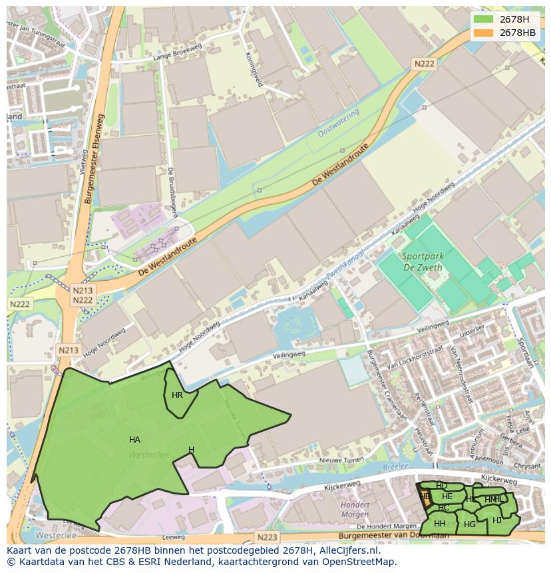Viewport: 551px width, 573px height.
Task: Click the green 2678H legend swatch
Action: tap(484, 19)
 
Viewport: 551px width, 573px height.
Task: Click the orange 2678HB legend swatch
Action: tap(484, 33)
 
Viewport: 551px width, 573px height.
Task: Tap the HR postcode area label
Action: tap(177, 395)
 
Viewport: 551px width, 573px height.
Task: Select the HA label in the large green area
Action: tap(134, 439)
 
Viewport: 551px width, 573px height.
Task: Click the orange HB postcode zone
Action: tap(423, 496)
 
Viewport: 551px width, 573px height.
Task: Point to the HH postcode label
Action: tap(439, 524)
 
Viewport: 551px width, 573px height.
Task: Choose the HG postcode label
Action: tap(470, 524)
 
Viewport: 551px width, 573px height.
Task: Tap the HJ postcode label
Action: tap(497, 520)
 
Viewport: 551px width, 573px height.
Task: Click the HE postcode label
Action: tap(447, 496)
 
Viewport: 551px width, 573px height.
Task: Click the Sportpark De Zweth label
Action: tap(423, 261)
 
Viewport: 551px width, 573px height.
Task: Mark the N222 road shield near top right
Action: tap(424, 64)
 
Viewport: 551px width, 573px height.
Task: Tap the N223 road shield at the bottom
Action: tap(266, 537)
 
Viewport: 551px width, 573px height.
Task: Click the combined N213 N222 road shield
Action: tap(83, 295)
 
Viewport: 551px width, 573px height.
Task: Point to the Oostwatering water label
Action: tap(338, 123)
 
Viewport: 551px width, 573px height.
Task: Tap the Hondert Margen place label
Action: tap(355, 509)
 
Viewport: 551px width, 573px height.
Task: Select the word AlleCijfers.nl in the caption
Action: tap(347, 550)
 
